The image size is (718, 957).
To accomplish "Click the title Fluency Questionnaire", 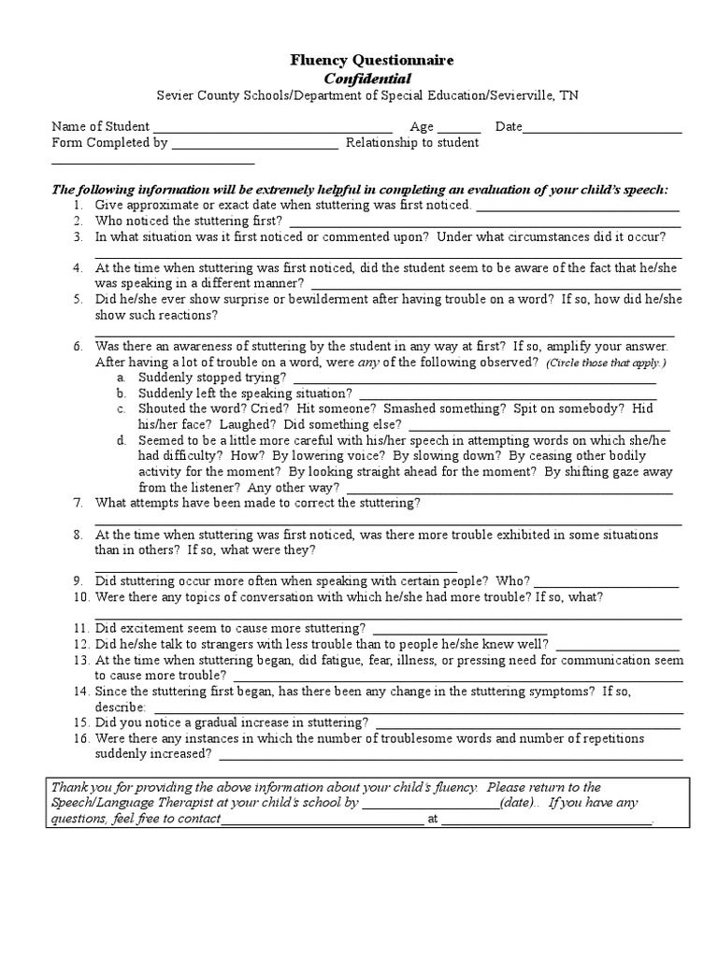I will [358, 60].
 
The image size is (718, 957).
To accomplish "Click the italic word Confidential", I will [359, 78].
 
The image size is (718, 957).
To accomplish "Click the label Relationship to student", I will [412, 143].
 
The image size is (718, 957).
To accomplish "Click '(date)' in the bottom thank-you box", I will [517, 803].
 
